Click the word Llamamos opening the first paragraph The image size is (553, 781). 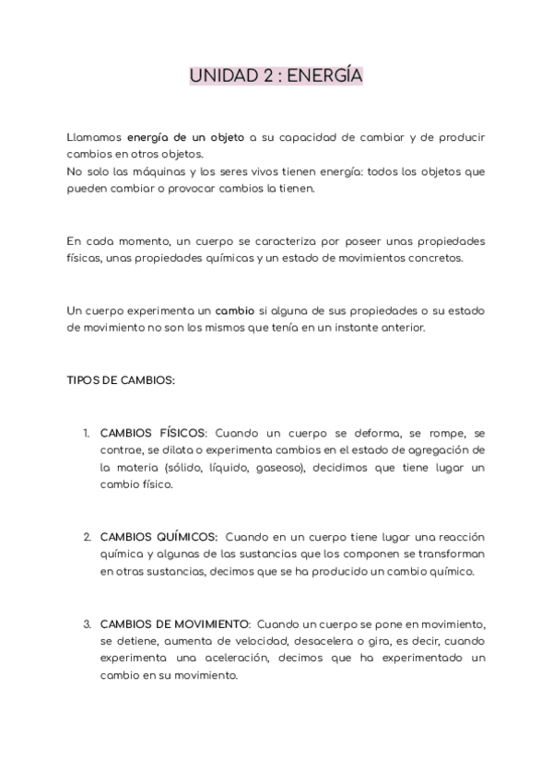tap(94, 137)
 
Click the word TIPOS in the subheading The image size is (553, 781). tap(83, 379)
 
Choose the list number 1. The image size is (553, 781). tap(86, 432)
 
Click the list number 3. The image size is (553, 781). tap(87, 624)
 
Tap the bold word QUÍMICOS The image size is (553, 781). tap(184, 537)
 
